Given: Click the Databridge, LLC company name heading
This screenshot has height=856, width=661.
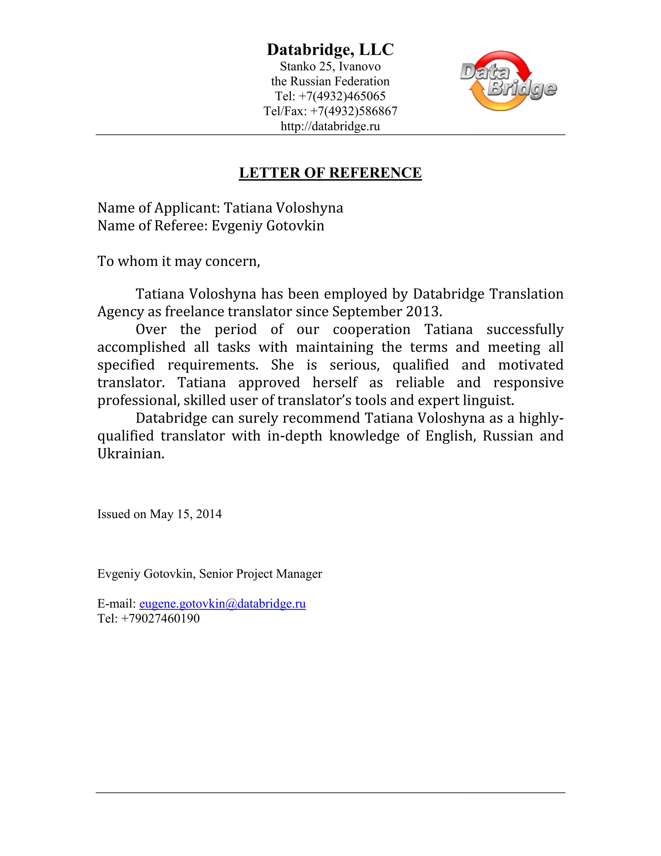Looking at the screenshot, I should [330, 50].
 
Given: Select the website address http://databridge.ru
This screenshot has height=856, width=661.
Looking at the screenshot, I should [330, 126].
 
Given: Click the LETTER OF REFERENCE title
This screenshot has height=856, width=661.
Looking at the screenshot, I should [330, 173].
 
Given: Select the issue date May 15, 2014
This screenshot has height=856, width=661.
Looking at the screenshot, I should [186, 514].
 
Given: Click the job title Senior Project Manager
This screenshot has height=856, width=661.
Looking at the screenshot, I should [260, 574].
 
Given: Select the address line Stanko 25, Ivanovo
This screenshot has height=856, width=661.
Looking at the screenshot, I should [330, 67].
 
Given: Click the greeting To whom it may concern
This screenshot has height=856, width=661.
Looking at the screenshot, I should [178, 261].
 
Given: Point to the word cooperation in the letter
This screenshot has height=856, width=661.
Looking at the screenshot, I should [371, 329].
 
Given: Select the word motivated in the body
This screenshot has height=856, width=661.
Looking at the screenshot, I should [530, 365].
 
